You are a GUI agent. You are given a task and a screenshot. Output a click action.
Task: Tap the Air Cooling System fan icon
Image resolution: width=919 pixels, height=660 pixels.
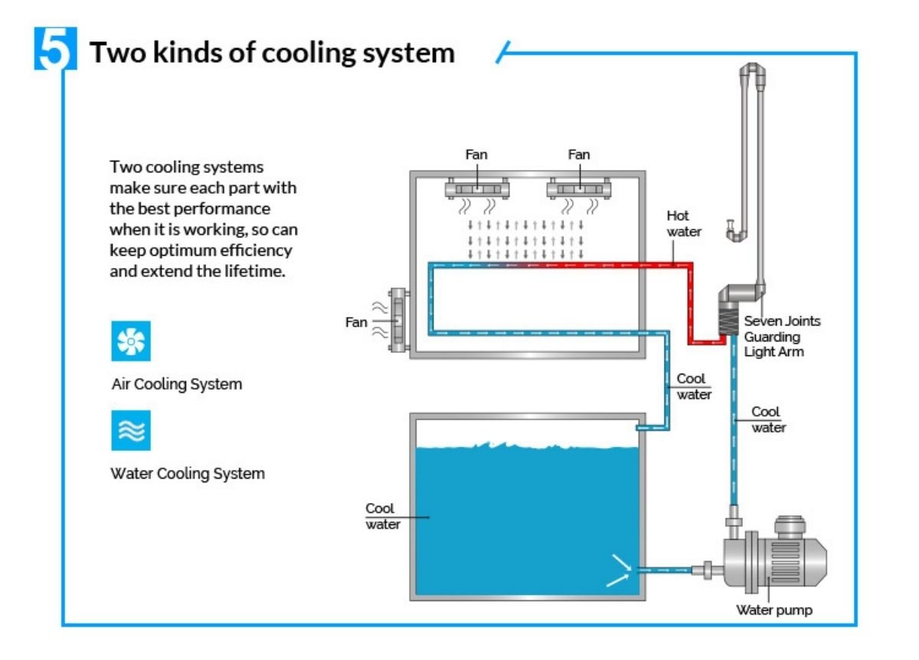(131, 341)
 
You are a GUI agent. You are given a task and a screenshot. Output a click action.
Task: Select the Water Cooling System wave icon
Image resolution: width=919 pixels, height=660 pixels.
(131, 430)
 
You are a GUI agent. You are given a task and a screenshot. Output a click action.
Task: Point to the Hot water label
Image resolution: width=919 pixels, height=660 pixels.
(683, 224)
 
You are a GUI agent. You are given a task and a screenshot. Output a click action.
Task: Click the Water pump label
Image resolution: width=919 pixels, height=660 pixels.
(773, 610)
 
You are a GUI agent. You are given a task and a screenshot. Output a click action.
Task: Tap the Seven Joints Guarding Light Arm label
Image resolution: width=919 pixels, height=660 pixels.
(781, 336)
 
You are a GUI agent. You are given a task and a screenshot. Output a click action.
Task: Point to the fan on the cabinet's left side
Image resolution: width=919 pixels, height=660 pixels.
(398, 320)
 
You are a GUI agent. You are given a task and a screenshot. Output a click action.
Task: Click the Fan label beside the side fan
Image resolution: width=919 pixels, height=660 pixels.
(356, 322)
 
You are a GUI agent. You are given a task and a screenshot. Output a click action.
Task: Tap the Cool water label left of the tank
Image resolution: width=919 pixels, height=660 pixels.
(381, 516)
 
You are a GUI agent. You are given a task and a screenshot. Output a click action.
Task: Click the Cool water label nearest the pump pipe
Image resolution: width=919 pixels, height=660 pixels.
(767, 420)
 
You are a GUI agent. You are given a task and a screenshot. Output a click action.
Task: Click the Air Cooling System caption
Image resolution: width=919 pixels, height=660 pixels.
(177, 384)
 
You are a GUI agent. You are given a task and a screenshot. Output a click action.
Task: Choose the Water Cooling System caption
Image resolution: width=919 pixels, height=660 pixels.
(188, 473)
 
